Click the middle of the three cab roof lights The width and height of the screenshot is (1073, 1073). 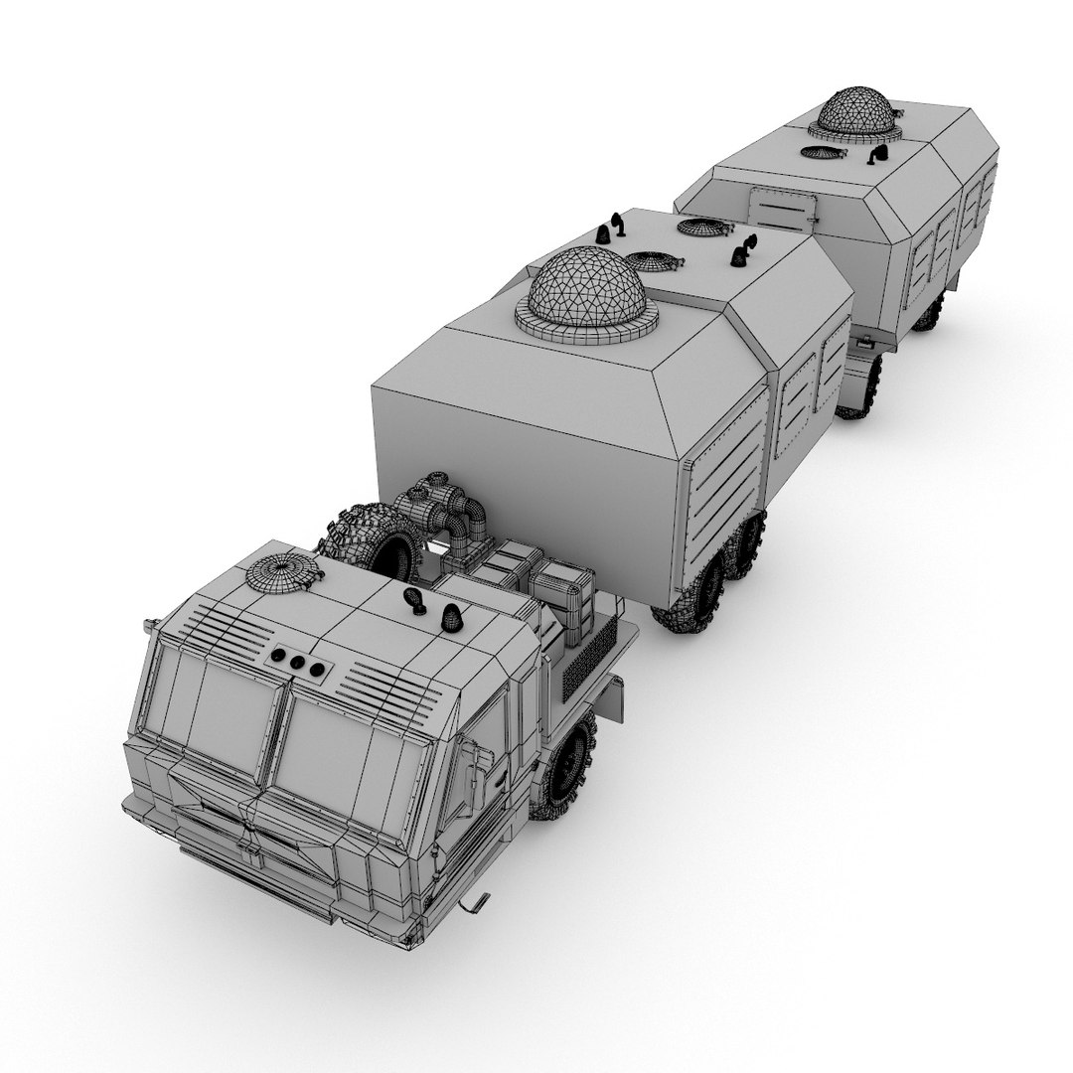tap(295, 663)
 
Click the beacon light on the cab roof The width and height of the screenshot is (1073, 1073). tap(453, 618)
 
